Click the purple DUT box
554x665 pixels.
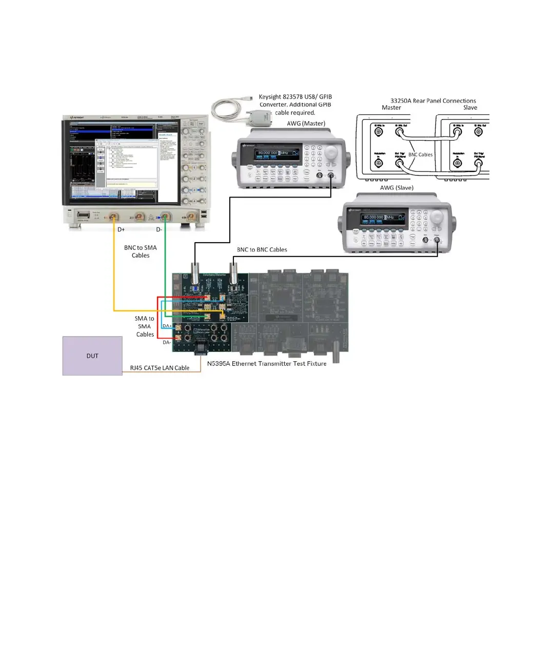coord(92,356)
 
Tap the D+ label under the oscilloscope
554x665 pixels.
coord(121,229)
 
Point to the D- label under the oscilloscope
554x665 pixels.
coord(159,229)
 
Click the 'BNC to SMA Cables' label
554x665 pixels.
coord(141,251)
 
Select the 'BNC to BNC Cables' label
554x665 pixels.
coord(262,250)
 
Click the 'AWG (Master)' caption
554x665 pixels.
coord(306,124)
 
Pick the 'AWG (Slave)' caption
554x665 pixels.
coord(397,188)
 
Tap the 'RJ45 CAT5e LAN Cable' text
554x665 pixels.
coord(160,368)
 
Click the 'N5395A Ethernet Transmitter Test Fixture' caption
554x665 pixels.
coord(267,364)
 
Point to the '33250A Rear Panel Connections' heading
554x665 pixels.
coord(433,101)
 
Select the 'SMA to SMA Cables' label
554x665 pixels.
coord(145,326)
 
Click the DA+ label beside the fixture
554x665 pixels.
coord(167,326)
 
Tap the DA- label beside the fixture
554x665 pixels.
coord(167,342)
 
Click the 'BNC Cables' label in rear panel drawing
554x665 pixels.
coord(420,154)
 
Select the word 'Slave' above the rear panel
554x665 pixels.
coord(470,108)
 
